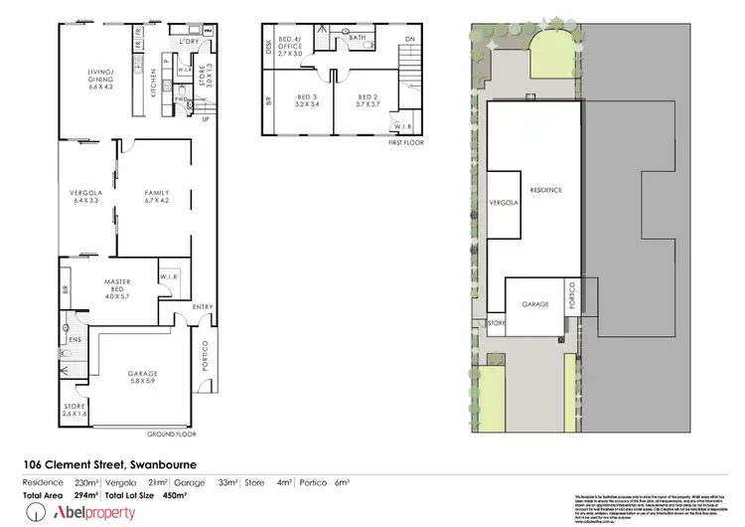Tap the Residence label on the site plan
[x=545, y=190]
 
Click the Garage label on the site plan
[x=535, y=305]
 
